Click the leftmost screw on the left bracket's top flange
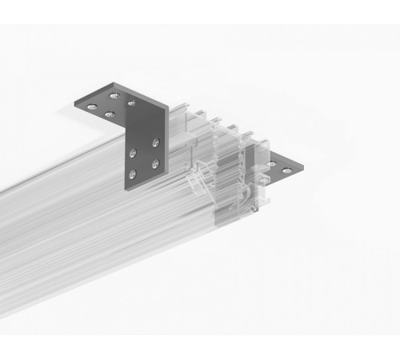point(92,106)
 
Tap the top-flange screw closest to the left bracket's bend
point(130,104)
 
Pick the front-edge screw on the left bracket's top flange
point(108,114)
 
